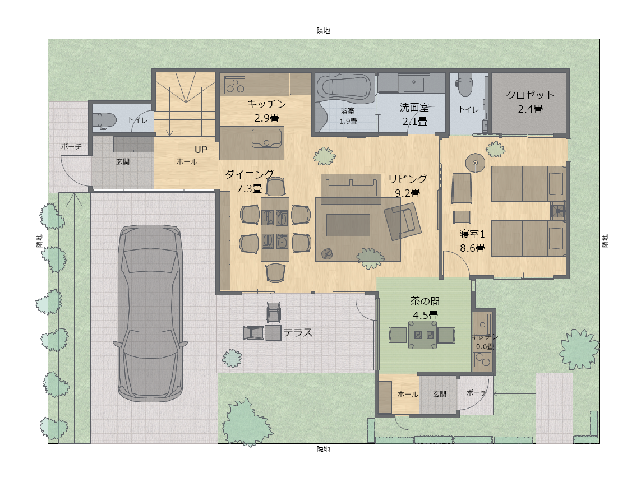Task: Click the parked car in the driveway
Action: click(x=150, y=313)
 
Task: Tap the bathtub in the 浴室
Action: click(x=343, y=88)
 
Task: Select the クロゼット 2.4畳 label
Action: click(x=530, y=101)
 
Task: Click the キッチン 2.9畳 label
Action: click(x=267, y=110)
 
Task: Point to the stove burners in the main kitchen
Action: click(x=235, y=85)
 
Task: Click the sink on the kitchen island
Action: click(x=267, y=137)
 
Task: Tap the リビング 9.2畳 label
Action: click(x=407, y=185)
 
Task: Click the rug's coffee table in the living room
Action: click(x=348, y=225)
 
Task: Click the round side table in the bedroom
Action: click(x=475, y=163)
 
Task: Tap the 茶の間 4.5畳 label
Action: click(x=425, y=308)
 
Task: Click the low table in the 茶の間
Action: click(x=422, y=335)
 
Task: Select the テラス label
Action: click(x=297, y=333)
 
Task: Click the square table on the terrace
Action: click(x=273, y=333)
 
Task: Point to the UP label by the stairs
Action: click(x=201, y=150)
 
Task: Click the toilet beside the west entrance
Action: click(x=106, y=119)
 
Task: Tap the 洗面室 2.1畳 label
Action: click(x=414, y=114)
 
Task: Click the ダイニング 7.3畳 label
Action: click(x=250, y=180)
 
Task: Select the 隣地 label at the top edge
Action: click(x=323, y=30)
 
